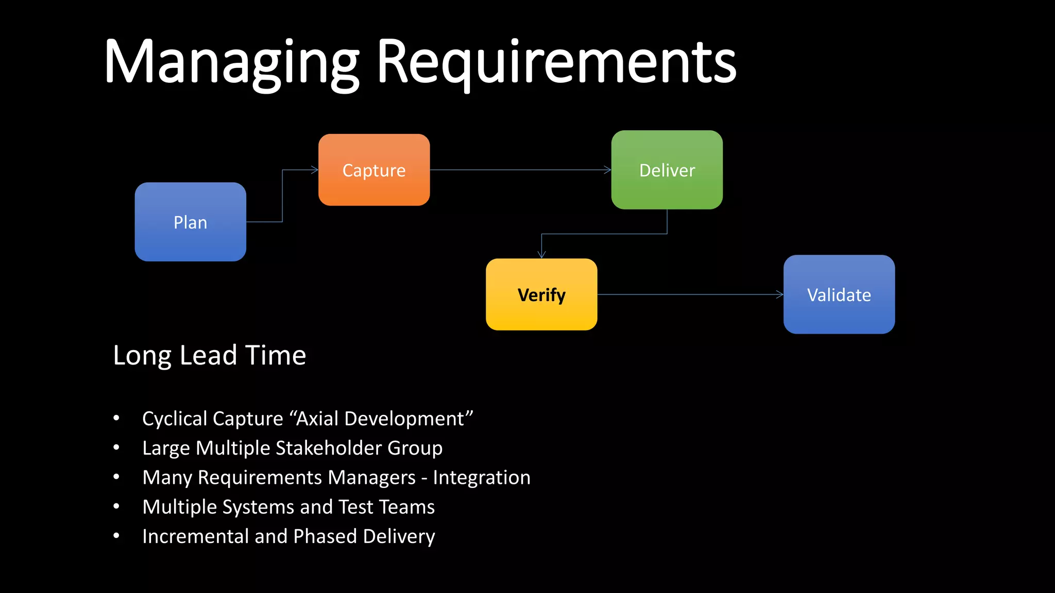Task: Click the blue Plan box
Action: coord(190,222)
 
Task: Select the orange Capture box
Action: coord(374,170)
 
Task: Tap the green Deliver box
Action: coord(667,170)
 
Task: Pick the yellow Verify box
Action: coord(541,294)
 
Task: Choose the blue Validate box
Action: coord(839,294)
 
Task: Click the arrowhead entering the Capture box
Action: coord(315,170)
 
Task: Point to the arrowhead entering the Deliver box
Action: coord(607,170)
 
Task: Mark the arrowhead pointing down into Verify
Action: coord(541,254)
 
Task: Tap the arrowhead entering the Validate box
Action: coord(779,294)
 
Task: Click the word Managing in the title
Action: coord(231,63)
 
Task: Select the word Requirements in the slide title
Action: coord(556,63)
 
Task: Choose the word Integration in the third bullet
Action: coord(481,477)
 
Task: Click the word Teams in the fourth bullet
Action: coord(407,507)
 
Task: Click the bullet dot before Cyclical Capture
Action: coord(116,418)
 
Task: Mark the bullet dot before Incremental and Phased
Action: coord(116,536)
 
